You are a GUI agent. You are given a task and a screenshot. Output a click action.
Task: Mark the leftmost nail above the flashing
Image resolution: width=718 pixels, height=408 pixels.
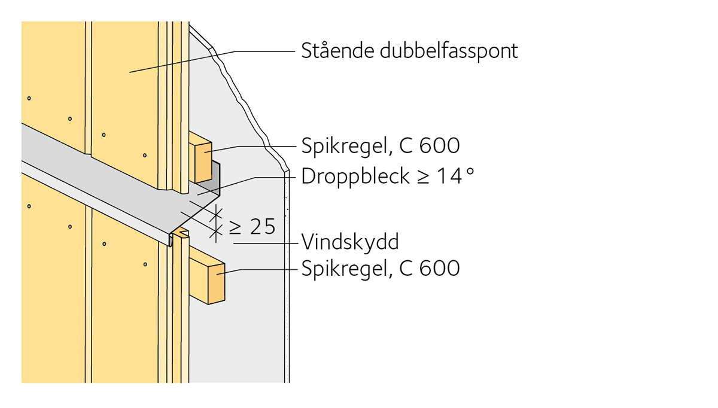click(x=29, y=98)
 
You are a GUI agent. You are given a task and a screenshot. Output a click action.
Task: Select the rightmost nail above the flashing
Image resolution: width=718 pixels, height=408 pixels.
click(x=145, y=156)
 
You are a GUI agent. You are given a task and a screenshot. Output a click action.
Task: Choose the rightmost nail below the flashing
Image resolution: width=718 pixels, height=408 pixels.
click(x=145, y=263)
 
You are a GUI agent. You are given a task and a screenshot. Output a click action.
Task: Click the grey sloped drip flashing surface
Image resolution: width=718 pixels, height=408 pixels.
click(x=120, y=179)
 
